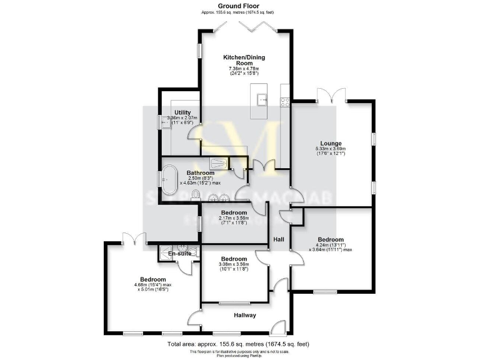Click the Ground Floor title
pyautogui.click(x=237, y=6)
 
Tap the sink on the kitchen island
pyautogui.click(x=263, y=98)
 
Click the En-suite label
pyautogui.click(x=179, y=253)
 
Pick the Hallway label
pyautogui.click(x=245, y=315)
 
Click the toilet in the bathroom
pyautogui.click(x=196, y=196)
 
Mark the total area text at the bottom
pyautogui.click(x=238, y=344)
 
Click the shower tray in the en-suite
pyautogui.click(x=166, y=252)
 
